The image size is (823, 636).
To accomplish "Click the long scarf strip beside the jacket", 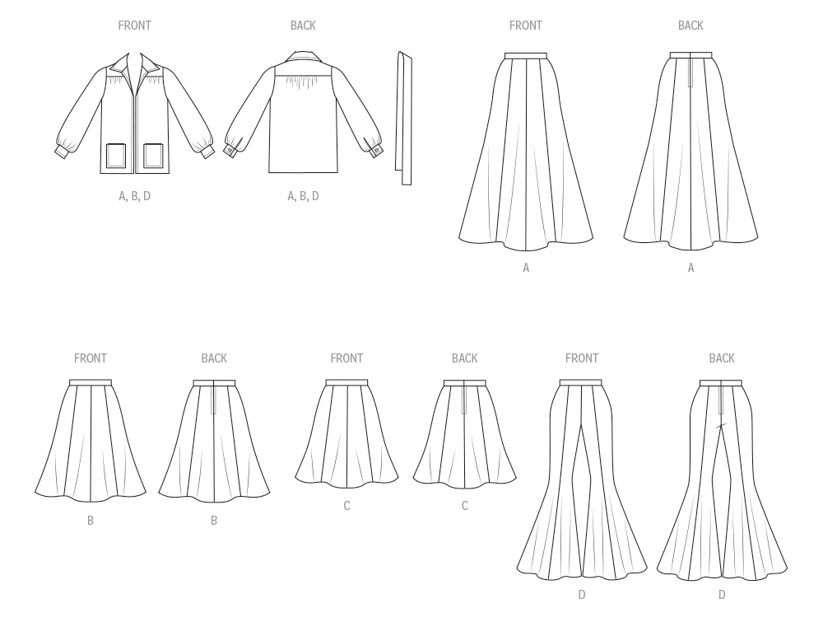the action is [x=403, y=119].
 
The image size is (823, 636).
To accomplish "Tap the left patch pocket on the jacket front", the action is [x=117, y=156].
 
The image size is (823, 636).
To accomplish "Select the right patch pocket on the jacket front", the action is [x=153, y=156].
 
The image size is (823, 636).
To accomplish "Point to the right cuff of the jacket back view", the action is [x=374, y=151].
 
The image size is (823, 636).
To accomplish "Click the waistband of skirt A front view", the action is [x=525, y=55].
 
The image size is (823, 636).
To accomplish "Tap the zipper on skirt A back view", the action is [x=690, y=72].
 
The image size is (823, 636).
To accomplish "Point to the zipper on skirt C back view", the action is [x=464, y=399].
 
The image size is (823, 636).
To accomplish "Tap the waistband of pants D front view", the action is [x=580, y=382].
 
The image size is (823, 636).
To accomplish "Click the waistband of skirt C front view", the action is [x=346, y=382].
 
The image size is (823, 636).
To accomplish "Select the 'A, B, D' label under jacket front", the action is [x=134, y=197].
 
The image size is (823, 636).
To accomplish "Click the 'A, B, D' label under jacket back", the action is [x=303, y=197].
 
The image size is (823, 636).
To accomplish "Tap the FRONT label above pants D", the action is [x=582, y=358].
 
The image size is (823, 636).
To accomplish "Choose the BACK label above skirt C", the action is [x=464, y=358].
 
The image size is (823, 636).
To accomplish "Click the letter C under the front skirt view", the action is [x=346, y=506].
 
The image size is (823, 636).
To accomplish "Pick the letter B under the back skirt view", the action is [x=214, y=521].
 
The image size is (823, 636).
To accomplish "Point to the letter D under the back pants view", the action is [x=722, y=595].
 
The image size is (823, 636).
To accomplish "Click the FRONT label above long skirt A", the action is [x=525, y=26].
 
